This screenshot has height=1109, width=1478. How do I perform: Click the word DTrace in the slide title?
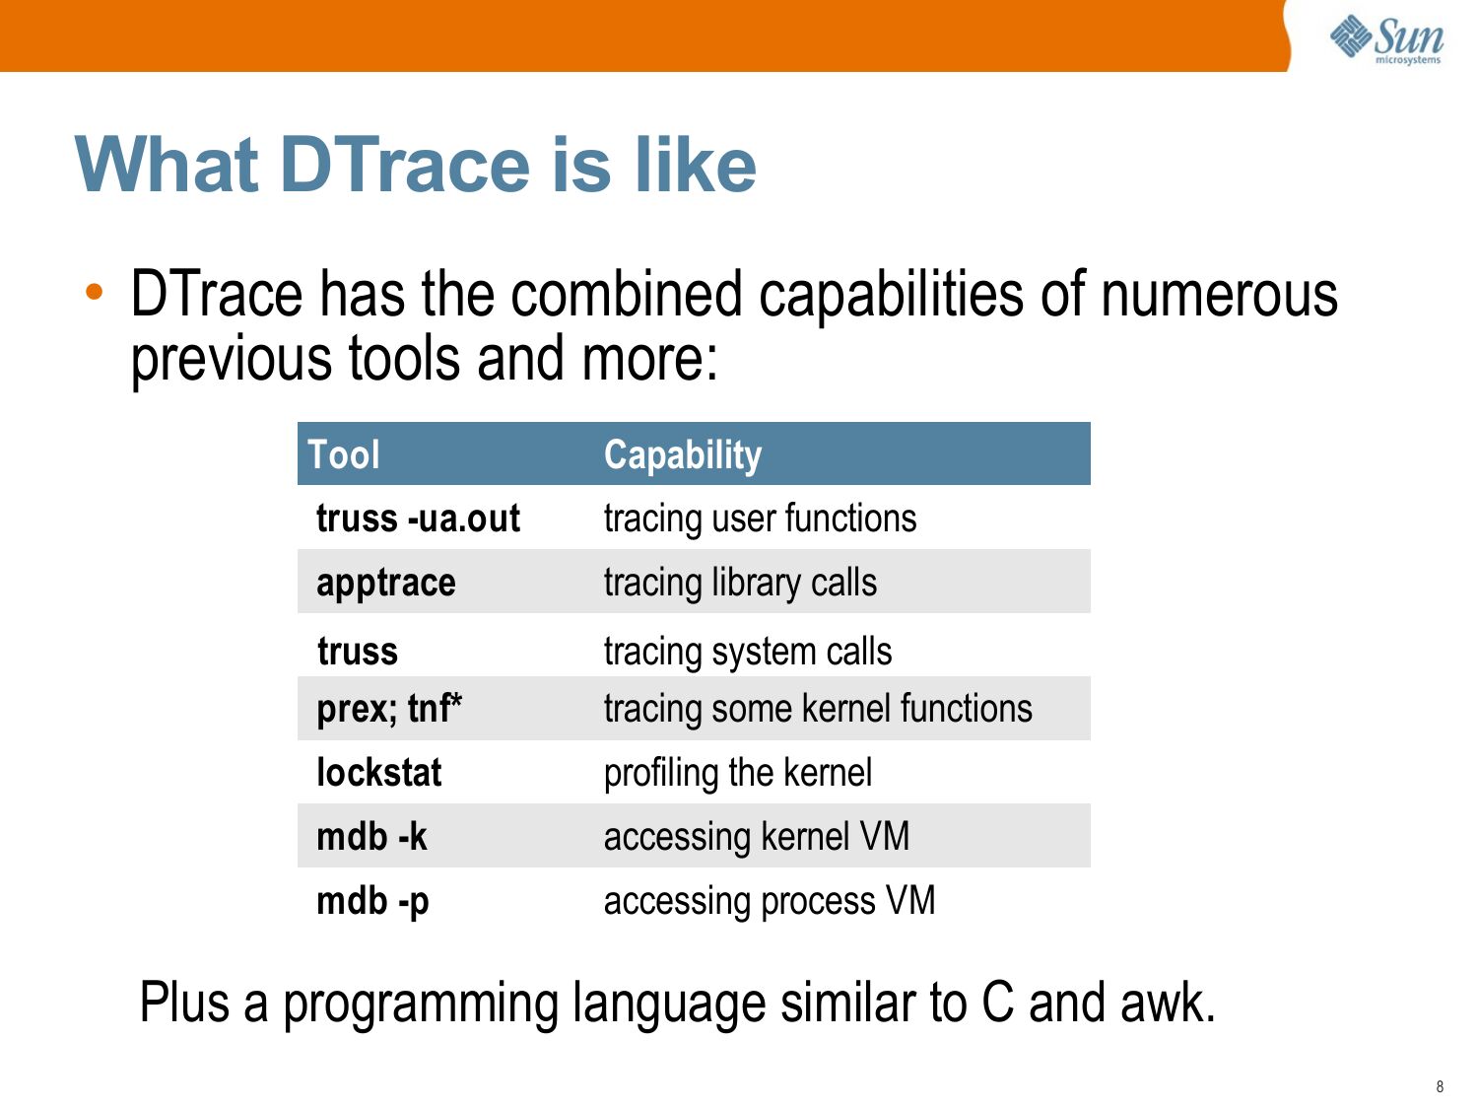405,165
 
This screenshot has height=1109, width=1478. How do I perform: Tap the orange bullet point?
95,292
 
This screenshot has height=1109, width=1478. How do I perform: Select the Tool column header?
344,453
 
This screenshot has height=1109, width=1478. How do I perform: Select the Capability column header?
683,455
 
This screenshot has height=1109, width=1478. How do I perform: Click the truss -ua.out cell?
418,518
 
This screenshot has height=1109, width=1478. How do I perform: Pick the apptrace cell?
386,584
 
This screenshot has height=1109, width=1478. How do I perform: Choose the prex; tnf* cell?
389,709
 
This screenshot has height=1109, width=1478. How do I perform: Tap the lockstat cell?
379,772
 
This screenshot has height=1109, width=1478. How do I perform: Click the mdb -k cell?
371,836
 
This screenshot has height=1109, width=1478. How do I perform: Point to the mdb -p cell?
372,901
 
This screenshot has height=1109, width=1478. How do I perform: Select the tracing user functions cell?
761,519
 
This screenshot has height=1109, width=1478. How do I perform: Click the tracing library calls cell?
741,584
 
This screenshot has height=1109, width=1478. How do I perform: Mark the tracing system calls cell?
748,652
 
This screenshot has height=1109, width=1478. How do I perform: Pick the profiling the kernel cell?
738,772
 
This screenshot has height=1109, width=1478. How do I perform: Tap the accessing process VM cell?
770,901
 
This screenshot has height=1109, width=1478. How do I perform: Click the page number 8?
1440,1086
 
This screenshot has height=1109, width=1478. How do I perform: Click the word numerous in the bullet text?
1220,294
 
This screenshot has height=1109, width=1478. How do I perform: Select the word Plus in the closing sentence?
184,1002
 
